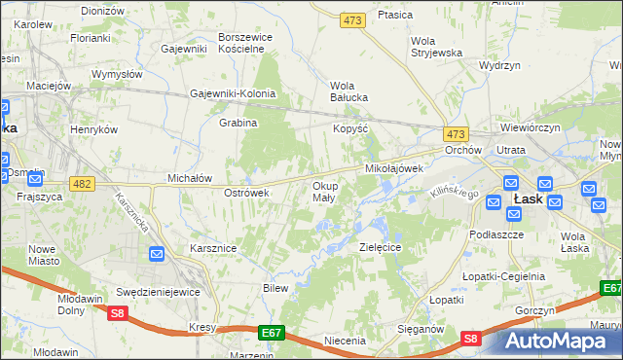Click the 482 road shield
click(x=82, y=184)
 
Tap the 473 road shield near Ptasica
click(x=352, y=19)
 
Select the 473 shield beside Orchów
click(x=455, y=133)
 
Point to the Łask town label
click(x=528, y=198)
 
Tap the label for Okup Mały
click(x=324, y=191)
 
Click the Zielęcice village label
click(x=381, y=248)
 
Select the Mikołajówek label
click(x=393, y=168)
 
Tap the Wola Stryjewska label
click(x=436, y=47)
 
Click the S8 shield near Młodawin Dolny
click(x=118, y=312)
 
